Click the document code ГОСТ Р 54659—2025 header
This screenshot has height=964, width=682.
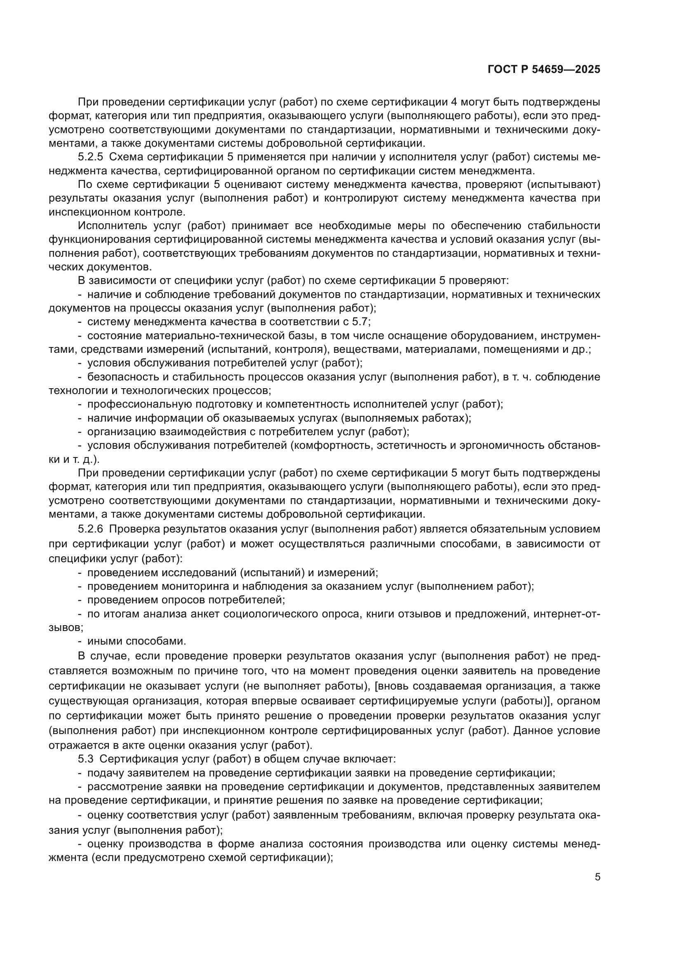[544, 69]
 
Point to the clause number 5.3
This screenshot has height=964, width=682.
[86, 759]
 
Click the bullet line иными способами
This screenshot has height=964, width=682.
[136, 641]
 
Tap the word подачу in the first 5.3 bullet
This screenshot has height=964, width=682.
[104, 773]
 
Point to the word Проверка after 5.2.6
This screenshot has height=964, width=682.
[133, 529]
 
